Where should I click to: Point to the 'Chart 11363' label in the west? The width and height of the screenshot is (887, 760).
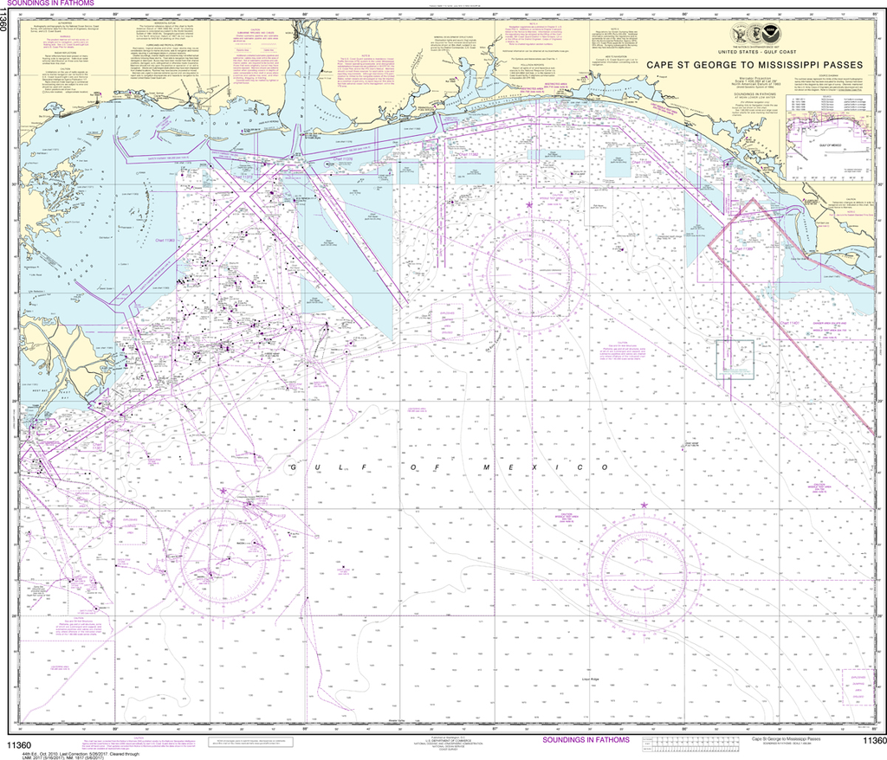[164, 240]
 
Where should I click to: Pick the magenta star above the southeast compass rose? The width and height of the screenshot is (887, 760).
[644, 505]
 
